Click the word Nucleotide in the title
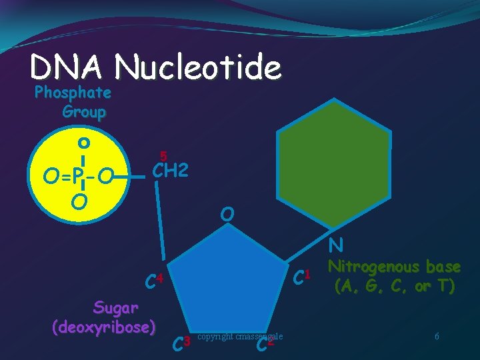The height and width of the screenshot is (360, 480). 198,67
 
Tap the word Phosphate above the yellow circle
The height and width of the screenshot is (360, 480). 73,92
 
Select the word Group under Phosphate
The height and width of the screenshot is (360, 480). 84,111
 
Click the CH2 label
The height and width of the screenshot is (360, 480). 171,171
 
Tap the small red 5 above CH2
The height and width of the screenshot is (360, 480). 163,155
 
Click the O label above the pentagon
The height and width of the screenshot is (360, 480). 228,214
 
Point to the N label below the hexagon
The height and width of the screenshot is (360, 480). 335,245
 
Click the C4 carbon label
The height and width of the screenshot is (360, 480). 154,279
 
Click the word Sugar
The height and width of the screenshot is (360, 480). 116,307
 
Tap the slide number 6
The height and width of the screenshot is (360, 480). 437,337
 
